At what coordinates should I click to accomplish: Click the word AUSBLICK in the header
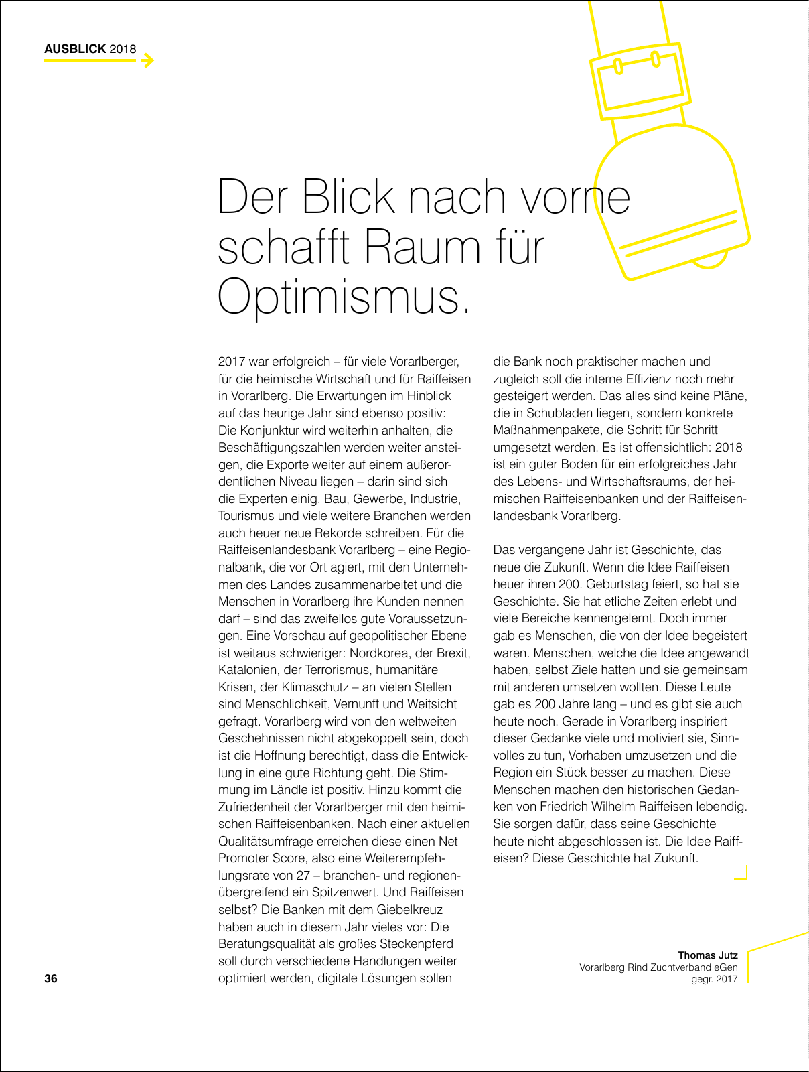(75, 49)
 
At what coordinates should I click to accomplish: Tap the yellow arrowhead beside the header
(148, 60)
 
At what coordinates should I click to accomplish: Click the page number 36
(51, 978)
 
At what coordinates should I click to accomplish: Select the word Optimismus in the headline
(340, 296)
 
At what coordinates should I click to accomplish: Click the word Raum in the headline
(423, 247)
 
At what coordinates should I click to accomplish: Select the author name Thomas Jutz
(708, 955)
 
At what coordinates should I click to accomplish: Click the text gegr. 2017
(715, 980)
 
